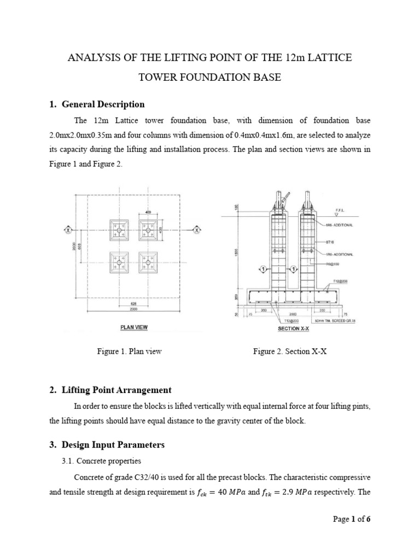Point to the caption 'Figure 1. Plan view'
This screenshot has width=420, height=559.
129,352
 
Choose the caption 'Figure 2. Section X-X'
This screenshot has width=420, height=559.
290,352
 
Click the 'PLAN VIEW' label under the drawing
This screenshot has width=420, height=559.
133,328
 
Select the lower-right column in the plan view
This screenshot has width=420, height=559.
148,264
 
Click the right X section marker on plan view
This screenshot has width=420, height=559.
196,230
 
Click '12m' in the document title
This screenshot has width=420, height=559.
296,58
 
